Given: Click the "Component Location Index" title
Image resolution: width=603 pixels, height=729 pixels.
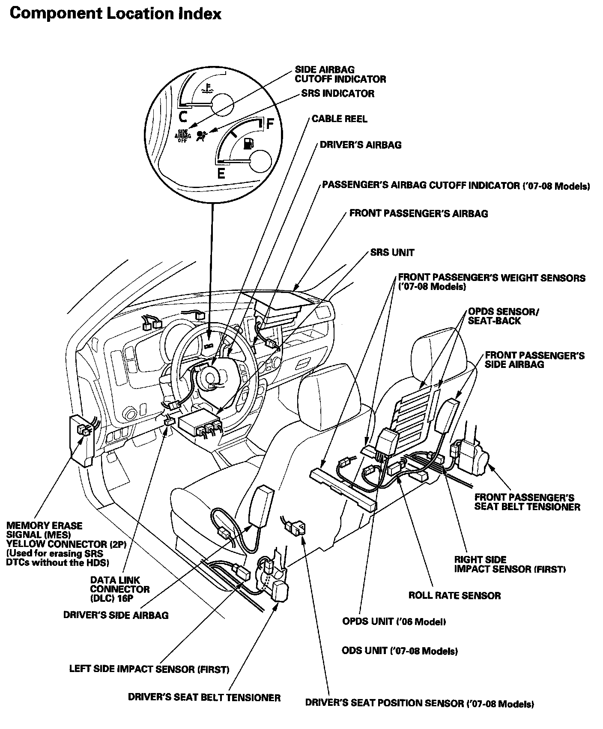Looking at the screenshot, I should pyautogui.click(x=115, y=14).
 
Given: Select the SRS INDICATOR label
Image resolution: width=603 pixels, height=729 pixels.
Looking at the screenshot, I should pyautogui.click(x=337, y=93).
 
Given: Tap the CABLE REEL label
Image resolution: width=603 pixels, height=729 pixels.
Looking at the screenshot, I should pyautogui.click(x=339, y=119).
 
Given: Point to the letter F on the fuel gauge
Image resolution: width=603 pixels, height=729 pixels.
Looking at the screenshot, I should pyautogui.click(x=270, y=124).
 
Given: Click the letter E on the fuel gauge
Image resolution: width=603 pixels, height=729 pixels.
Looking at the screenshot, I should pyautogui.click(x=221, y=173).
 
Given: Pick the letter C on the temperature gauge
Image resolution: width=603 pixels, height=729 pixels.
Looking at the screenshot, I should pyautogui.click(x=183, y=116).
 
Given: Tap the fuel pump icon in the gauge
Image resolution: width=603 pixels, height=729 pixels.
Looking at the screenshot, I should pyautogui.click(x=248, y=143).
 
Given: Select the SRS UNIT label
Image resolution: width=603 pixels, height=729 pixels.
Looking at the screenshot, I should pyautogui.click(x=392, y=252).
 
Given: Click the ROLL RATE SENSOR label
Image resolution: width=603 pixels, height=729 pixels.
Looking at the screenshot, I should pyautogui.click(x=454, y=595).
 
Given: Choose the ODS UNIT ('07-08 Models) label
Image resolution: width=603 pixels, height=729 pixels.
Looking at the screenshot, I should pyautogui.click(x=400, y=651).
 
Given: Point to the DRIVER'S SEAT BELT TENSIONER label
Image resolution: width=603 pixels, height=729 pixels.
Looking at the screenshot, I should pyautogui.click(x=204, y=697).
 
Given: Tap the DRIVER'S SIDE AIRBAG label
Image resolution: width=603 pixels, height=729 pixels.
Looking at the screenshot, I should pyautogui.click(x=116, y=615).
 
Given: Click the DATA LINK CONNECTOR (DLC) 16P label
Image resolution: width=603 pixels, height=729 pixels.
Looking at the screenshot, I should pyautogui.click(x=120, y=589).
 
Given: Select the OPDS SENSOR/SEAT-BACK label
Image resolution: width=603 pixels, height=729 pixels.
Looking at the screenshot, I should pyautogui.click(x=503, y=316).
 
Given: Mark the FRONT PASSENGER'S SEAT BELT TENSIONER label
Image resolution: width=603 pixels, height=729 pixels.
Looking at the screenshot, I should pyautogui.click(x=527, y=502).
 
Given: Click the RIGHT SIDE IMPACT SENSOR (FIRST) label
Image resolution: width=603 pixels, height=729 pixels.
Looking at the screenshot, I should pyautogui.click(x=510, y=564).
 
